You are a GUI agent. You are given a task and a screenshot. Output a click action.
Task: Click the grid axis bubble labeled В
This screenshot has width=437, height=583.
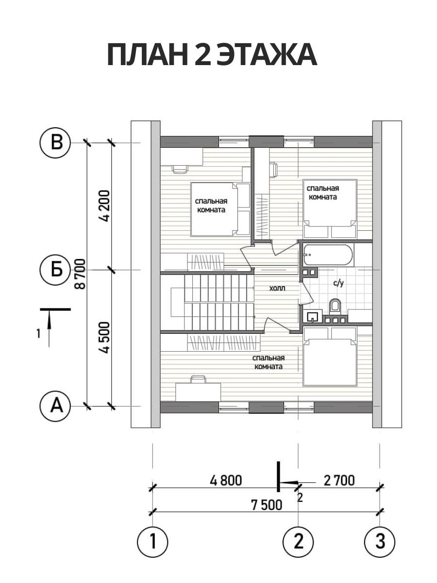tap(55, 143)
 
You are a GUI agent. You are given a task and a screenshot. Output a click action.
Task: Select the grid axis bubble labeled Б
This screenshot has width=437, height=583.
tap(55, 270)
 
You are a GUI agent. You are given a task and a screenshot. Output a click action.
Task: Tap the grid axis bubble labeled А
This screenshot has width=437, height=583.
tap(55, 406)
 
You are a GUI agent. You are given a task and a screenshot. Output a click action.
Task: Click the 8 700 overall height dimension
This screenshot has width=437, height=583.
tap(80, 274)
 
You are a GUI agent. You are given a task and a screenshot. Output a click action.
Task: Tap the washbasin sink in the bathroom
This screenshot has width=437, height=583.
tap(313, 316)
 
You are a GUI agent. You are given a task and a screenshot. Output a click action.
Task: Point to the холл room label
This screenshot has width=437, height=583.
tap(277, 288)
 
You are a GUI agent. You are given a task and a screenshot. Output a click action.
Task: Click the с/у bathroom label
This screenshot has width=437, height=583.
tap(338, 284)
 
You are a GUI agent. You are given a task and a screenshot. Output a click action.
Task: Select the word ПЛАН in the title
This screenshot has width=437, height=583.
tap(147, 54)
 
